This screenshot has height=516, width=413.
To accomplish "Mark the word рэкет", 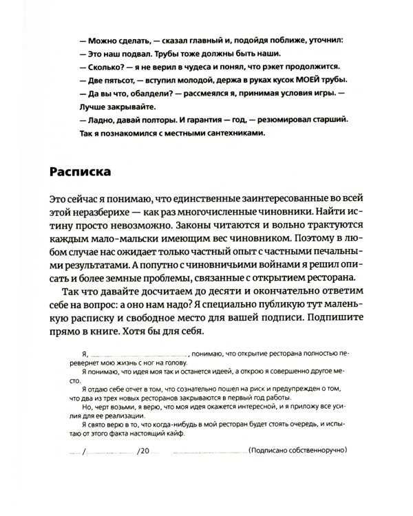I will click(279, 67).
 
